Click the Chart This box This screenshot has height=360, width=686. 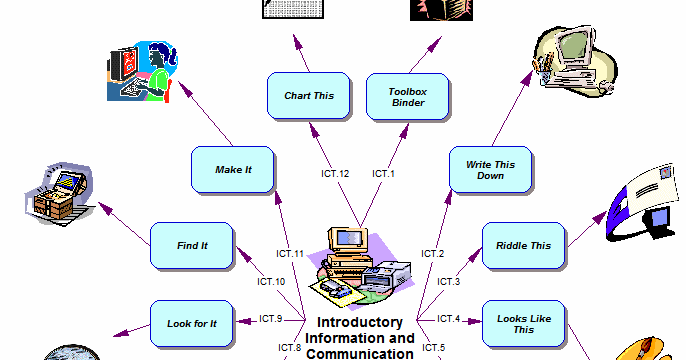[x=309, y=96]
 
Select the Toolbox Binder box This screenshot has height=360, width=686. [x=408, y=96]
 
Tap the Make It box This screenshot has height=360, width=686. [x=233, y=169]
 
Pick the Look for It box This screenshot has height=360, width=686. [x=192, y=324]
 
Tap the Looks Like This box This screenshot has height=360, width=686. [x=523, y=323]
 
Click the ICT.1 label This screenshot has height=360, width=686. [x=384, y=174]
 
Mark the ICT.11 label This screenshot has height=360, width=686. [x=289, y=254]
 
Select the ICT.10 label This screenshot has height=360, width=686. [x=272, y=282]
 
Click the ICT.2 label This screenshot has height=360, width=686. [x=432, y=254]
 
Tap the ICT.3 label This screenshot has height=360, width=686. [x=449, y=282]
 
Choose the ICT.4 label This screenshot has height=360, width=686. [x=449, y=319]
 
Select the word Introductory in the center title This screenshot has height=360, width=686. [x=360, y=323]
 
